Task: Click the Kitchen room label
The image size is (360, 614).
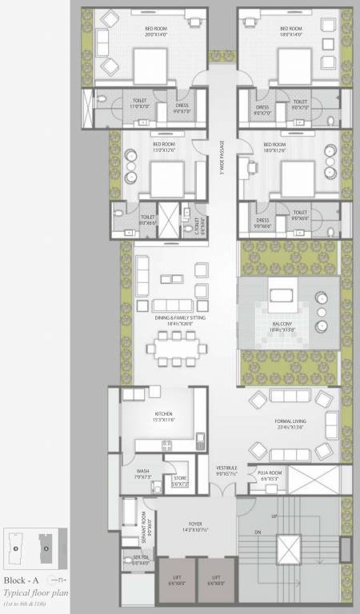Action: (153, 415)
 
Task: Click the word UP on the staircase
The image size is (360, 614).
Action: (274, 516)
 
